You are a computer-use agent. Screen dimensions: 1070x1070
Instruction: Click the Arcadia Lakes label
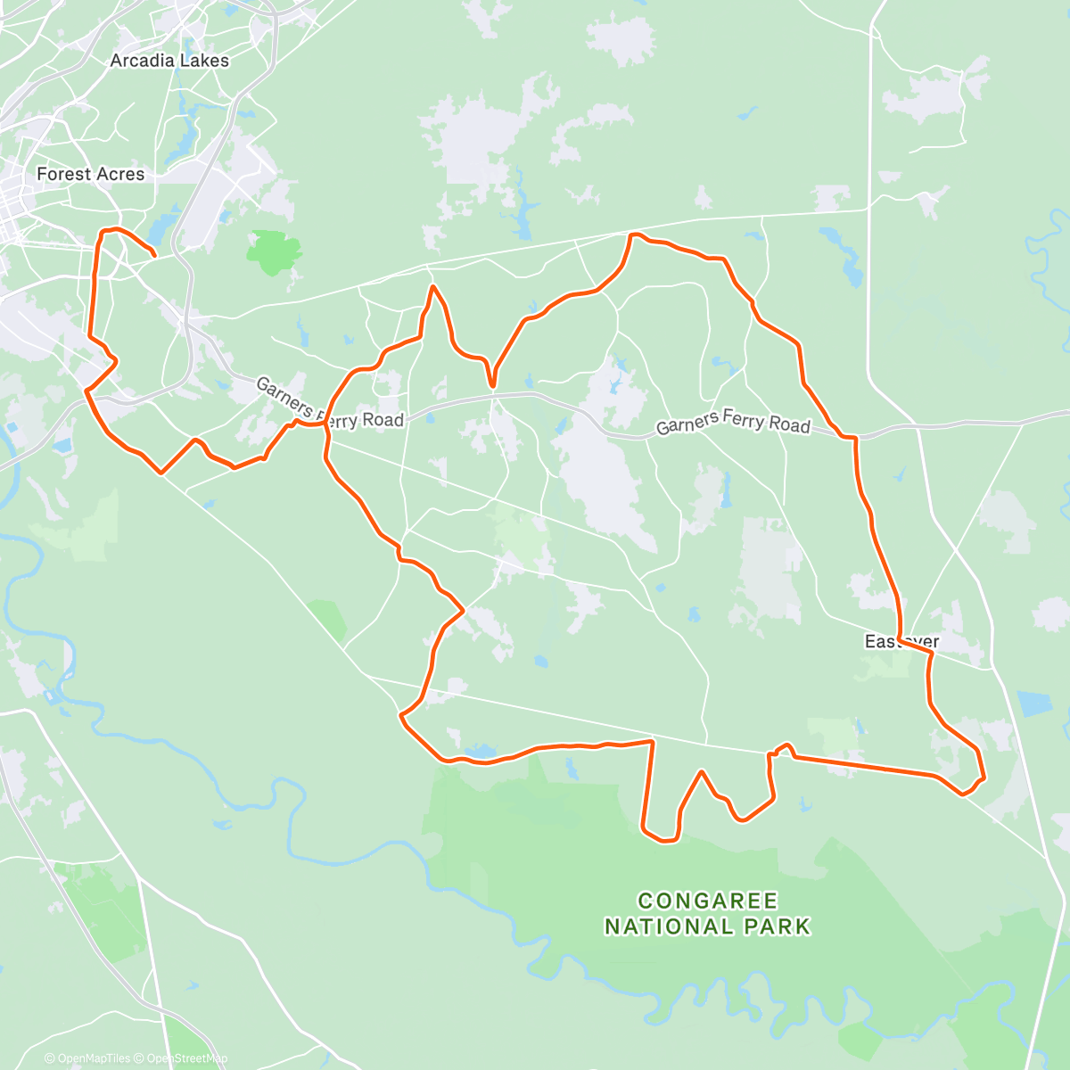click(169, 61)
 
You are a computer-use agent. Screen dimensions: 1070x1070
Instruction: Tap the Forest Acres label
click(90, 174)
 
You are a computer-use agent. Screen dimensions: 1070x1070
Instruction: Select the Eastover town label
click(901, 642)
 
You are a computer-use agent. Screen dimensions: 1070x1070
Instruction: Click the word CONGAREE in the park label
click(708, 901)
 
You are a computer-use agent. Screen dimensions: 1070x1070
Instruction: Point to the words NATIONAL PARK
click(708, 927)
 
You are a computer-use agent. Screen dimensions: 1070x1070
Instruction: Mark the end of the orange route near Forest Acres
click(155, 256)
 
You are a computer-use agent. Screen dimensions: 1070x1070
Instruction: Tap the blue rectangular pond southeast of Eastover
click(1034, 704)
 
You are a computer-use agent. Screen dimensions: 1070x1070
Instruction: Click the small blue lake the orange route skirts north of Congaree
click(480, 753)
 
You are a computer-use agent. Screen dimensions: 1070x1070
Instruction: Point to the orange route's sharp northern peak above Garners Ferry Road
click(433, 287)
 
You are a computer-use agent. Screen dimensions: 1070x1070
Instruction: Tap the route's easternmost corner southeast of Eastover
click(984, 778)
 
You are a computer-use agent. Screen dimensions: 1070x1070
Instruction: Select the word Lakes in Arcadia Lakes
click(204, 61)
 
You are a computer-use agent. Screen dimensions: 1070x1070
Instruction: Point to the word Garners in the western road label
click(283, 394)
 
